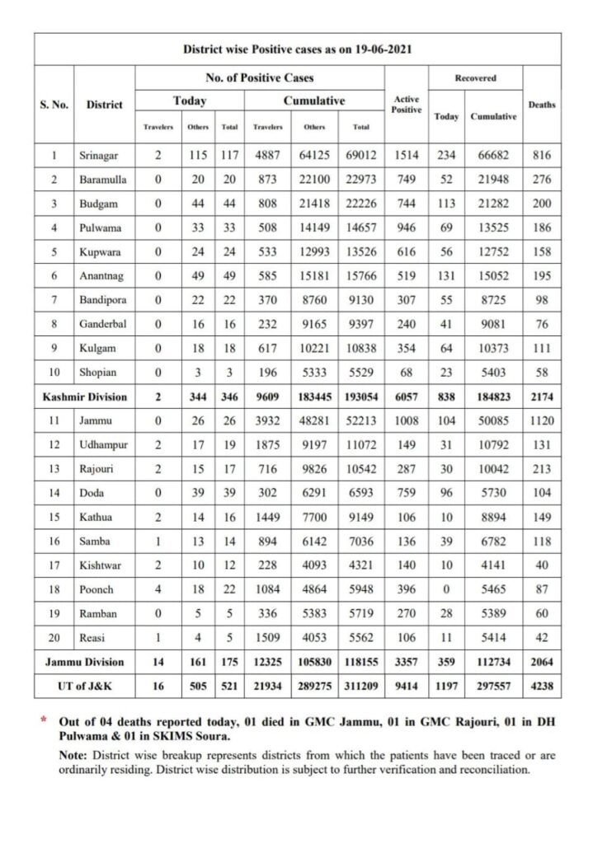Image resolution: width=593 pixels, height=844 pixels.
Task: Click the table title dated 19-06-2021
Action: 298,49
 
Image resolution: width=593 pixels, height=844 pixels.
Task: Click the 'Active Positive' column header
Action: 406,105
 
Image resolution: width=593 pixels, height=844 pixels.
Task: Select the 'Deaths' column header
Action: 541,105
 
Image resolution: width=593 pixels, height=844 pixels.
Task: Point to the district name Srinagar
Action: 98,155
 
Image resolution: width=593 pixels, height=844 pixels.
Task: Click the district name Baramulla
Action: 102,179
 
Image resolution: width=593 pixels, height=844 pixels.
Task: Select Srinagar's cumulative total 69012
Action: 361,155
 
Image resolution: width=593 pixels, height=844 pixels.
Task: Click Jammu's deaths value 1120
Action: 542,421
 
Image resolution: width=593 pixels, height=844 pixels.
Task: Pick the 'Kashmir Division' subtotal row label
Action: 85,396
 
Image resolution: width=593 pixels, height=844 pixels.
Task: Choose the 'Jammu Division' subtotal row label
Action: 86,662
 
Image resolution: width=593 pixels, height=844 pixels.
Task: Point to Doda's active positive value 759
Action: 406,492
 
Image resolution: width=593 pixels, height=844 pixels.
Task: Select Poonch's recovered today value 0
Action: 446,589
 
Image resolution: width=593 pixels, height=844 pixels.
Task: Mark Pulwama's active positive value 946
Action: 406,227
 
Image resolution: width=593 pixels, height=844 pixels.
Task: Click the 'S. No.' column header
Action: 54,105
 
